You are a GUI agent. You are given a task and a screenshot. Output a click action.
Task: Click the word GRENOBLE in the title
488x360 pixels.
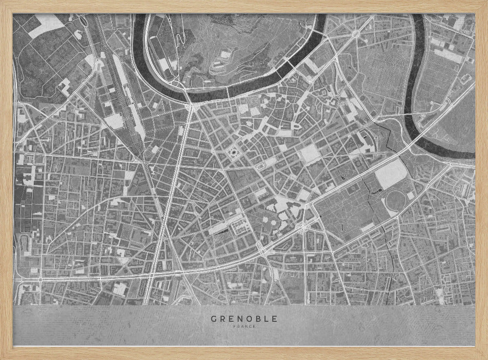pos(244,319)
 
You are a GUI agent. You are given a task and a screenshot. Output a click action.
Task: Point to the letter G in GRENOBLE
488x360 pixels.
pos(214,319)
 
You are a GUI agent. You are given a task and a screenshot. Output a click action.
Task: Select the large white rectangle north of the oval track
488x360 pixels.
pos(391,172)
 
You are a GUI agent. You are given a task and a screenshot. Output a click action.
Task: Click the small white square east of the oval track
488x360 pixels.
pos(411,195)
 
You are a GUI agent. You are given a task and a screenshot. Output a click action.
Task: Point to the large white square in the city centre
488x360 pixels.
pos(310,154)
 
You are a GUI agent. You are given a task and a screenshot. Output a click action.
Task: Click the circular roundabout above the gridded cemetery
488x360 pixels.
pos(356,33)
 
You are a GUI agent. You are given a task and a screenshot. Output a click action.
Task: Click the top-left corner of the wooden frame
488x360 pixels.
pos(2,2)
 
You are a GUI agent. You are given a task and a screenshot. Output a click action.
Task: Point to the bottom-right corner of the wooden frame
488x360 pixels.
pos(485,357)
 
